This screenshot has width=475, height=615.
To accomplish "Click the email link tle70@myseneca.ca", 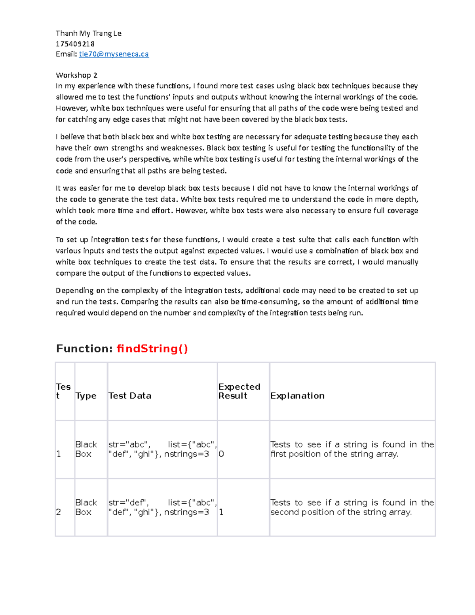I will [114, 54].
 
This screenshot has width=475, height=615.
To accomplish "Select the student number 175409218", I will [75, 44].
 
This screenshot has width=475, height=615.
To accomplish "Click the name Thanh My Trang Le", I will [88, 33].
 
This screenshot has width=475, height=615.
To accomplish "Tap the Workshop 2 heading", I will [76, 75].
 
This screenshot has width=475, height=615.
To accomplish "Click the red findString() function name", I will [152, 348].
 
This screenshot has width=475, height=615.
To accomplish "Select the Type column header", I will [86, 396].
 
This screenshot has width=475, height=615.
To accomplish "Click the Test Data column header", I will [130, 396].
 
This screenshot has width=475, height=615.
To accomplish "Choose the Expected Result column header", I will [239, 391].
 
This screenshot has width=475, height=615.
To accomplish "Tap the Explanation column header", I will [297, 396].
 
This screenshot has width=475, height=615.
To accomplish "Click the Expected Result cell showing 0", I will [221, 454].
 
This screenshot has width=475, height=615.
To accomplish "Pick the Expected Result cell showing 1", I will [221, 512].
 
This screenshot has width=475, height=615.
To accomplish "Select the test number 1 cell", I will [59, 454].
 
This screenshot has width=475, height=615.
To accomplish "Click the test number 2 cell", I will [59, 512].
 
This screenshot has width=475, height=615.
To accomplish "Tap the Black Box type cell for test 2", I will [86, 507].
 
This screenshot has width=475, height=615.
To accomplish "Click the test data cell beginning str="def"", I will [162, 507].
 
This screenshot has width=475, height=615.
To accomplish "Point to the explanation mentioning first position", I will [352, 449].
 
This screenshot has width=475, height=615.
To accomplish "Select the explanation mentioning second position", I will [352, 507].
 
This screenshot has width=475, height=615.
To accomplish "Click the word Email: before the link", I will [66, 54].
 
